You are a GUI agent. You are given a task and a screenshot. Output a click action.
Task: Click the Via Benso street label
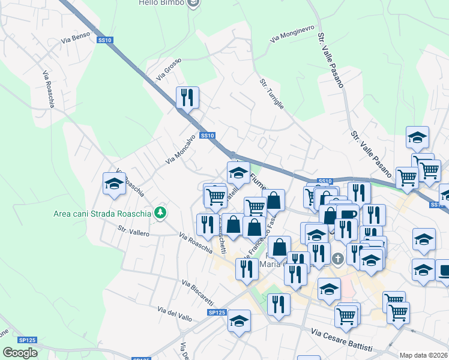tap(75, 37)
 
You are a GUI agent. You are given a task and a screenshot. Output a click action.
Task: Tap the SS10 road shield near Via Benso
tap(105, 40)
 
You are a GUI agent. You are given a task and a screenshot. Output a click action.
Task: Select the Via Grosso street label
tap(168, 73)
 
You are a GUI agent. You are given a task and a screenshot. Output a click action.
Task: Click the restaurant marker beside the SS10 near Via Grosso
tap(187, 97)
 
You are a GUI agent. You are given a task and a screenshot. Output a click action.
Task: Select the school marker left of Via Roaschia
tap(113, 184)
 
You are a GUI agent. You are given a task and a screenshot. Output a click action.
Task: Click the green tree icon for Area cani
tap(160, 212)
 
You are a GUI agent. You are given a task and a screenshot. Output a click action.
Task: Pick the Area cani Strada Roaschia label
tap(102, 212)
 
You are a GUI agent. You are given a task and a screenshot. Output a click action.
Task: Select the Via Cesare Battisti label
tap(342, 340)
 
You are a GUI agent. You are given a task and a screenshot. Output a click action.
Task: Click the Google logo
tap(20, 353)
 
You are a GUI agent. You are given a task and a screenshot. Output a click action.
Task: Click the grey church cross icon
tap(338, 259)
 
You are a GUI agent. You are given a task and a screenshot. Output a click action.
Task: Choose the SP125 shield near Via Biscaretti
tap(217, 313)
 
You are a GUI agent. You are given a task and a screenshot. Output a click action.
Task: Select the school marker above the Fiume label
tap(238, 173)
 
